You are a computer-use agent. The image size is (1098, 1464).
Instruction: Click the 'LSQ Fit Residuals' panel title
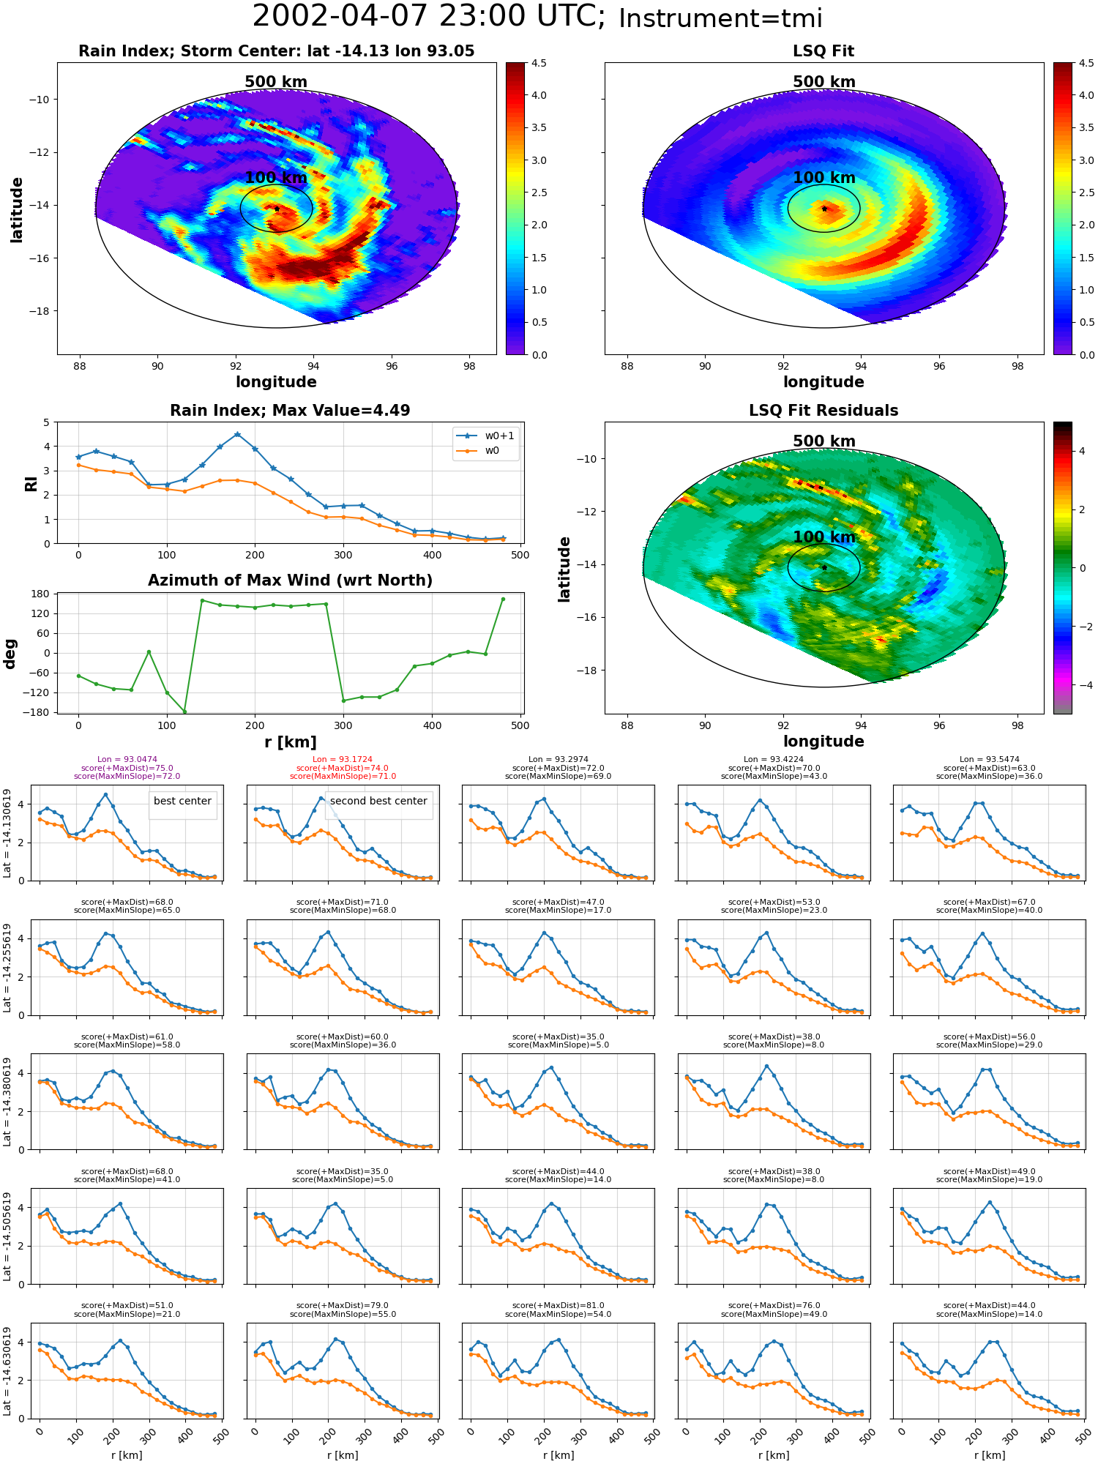point(823,411)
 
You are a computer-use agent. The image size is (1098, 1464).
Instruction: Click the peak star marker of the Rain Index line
point(237,434)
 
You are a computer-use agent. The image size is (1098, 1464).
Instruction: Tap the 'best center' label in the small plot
point(182,801)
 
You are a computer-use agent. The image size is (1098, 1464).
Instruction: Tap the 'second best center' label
point(378,801)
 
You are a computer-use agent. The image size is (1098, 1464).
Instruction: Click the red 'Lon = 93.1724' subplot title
point(343,760)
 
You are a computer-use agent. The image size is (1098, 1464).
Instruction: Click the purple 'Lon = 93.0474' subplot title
point(127,760)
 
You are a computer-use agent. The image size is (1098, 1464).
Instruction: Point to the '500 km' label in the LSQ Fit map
point(824,82)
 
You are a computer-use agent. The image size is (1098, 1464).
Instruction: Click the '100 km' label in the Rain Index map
point(276,178)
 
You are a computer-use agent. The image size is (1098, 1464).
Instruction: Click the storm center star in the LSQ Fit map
point(824,209)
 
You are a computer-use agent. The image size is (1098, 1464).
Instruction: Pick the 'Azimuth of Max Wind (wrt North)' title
point(290,580)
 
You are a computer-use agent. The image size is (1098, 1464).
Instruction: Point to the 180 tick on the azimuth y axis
point(41,594)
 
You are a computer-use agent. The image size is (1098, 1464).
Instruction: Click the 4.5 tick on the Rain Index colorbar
point(539,63)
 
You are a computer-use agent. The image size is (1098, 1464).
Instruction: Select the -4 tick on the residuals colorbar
point(1082,685)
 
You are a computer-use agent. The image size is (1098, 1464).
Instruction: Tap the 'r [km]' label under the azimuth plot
point(290,742)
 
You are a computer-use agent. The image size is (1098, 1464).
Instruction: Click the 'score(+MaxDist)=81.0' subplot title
point(559,1306)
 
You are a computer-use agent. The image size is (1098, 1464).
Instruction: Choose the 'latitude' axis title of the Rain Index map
point(17,209)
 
